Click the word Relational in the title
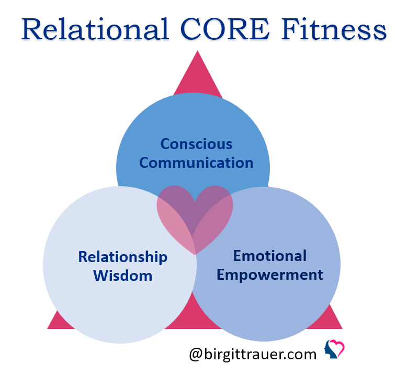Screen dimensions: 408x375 [95, 29]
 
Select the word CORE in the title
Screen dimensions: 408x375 [225, 29]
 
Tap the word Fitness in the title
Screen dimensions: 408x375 [334, 29]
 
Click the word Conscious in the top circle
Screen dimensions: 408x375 [197, 144]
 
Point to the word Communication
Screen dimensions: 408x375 [197, 163]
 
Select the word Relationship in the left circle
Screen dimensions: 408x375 [123, 257]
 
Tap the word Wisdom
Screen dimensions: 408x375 [123, 275]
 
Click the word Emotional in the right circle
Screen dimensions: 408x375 [270, 256]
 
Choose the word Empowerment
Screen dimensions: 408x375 [270, 275]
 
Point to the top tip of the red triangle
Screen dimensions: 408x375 [198, 51]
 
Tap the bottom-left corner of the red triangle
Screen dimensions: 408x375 [48, 328]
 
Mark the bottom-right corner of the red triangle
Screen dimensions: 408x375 [342, 328]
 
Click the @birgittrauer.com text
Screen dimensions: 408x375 [253, 354]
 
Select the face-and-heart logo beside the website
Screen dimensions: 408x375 [334, 349]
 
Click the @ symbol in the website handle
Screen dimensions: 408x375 [196, 355]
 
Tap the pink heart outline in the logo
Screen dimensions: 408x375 [337, 348]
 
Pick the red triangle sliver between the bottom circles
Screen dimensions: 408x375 [194, 312]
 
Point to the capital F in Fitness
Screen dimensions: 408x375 [291, 29]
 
